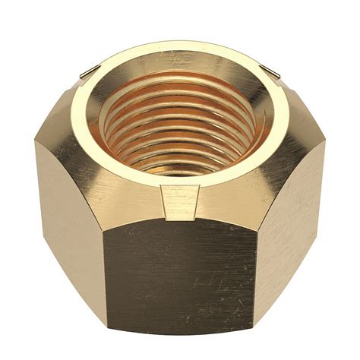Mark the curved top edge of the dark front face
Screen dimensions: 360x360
[x=180, y=222]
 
